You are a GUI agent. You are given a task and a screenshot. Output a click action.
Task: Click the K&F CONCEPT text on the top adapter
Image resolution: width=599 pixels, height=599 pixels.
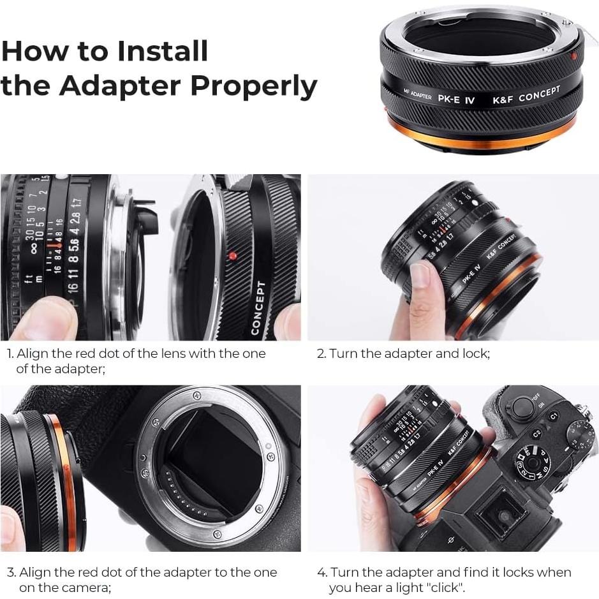click(x=526, y=95)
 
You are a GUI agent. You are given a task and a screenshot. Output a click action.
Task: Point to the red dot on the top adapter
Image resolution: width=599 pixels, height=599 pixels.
click(x=573, y=56)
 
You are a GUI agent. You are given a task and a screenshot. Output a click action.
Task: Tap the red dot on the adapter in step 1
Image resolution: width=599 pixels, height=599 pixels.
click(x=232, y=256)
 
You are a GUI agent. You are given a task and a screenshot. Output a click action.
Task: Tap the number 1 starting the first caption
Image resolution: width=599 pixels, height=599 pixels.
click(x=10, y=353)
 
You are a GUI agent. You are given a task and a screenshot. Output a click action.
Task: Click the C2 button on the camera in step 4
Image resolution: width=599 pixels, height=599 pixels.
click(x=537, y=434)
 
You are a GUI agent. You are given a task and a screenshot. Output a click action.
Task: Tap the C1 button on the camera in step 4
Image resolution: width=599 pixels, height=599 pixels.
click(x=554, y=416)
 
